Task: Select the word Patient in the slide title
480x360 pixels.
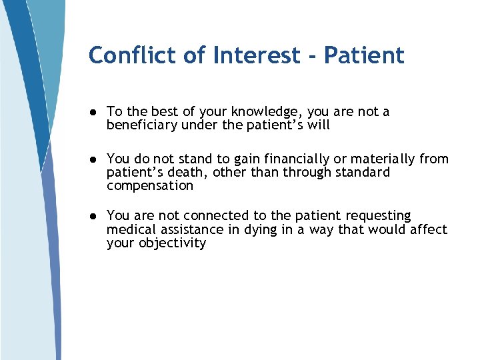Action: (x=364, y=55)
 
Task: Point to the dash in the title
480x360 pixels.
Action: (x=311, y=56)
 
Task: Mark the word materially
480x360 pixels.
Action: (x=387, y=159)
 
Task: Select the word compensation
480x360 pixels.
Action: (x=149, y=186)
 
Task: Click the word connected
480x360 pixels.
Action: (x=216, y=215)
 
